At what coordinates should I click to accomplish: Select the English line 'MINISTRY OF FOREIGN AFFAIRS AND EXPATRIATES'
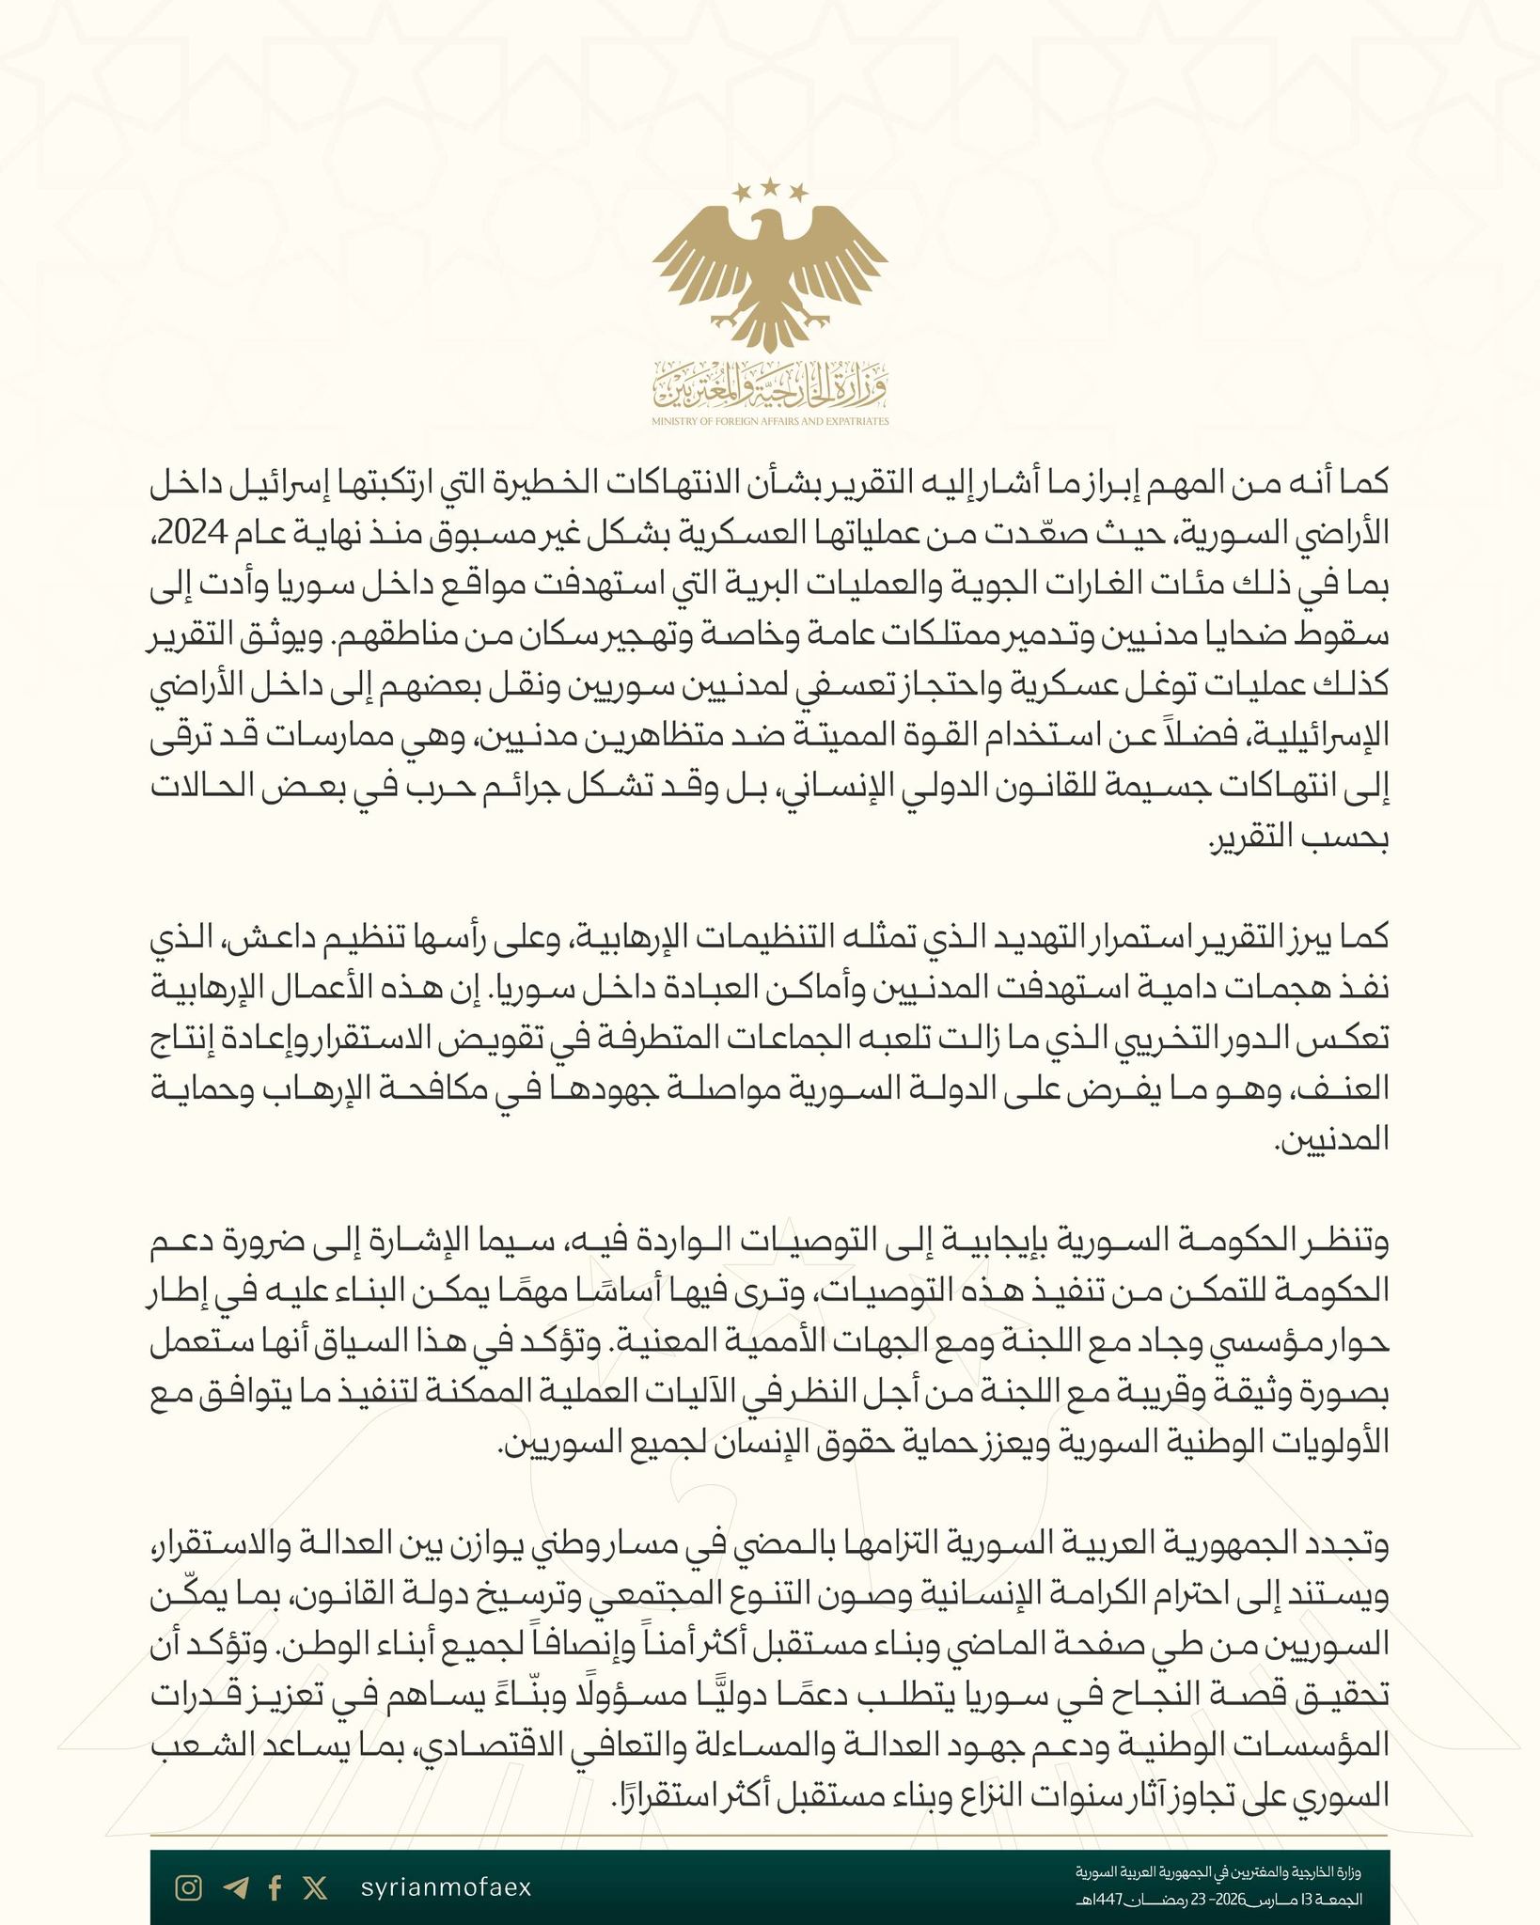pyautogui.click(x=770, y=423)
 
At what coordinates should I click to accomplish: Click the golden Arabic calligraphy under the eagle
pyautogui.click(x=770, y=384)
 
